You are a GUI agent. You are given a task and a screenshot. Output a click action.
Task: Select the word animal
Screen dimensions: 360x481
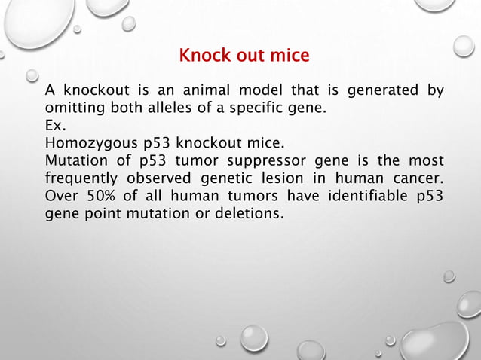[x=179, y=92]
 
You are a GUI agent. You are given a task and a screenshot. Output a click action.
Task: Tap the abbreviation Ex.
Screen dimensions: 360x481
[x=54, y=125]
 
